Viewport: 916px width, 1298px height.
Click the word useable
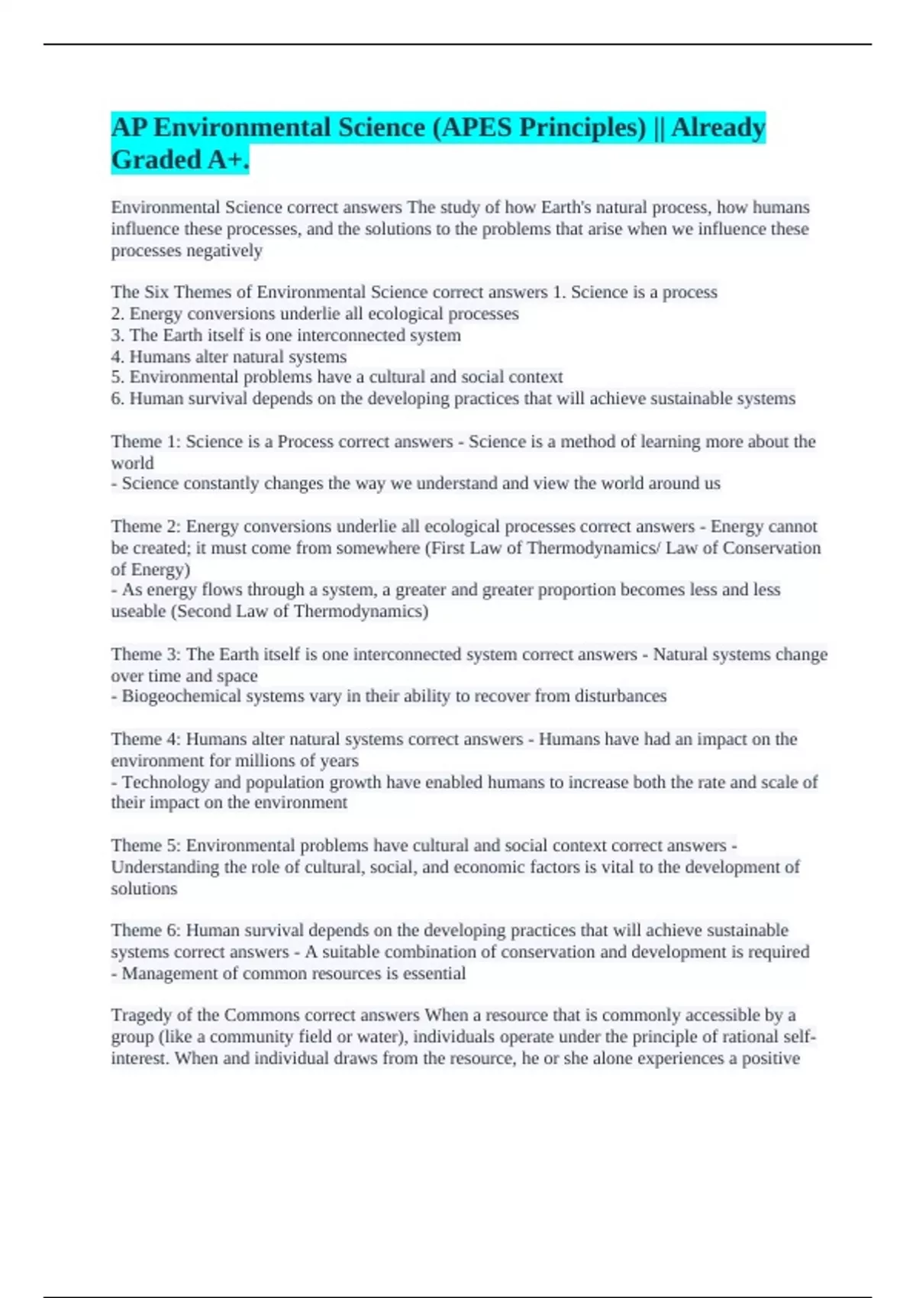tap(138, 612)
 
